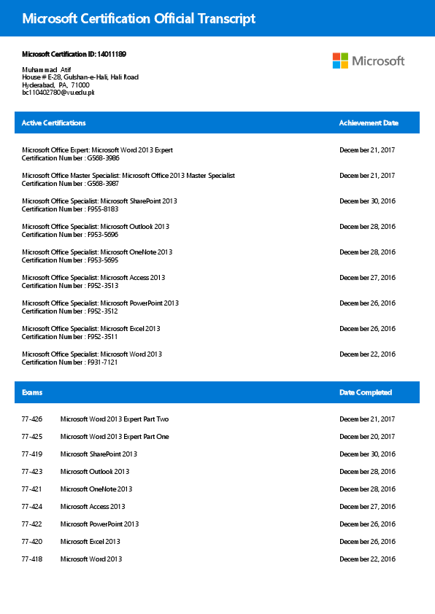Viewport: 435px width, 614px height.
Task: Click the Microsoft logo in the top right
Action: click(368, 61)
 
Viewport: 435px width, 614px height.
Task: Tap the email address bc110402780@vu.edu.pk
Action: click(58, 93)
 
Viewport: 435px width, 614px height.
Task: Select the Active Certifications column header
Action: click(53, 123)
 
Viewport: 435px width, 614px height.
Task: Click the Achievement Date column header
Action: click(369, 123)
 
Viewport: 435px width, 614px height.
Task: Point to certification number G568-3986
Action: click(103, 158)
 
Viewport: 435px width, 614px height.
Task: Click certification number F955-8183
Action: click(102, 209)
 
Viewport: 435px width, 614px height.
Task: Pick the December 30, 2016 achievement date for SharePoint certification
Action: click(367, 201)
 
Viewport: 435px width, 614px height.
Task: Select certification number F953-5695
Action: click(102, 260)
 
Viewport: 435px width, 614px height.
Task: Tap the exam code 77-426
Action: click(32, 419)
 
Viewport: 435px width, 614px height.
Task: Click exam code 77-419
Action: click(32, 454)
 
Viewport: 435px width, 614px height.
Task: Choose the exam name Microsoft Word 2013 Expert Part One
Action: click(115, 437)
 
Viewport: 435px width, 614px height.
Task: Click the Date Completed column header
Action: click(366, 392)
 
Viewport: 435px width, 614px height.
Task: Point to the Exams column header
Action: click(32, 392)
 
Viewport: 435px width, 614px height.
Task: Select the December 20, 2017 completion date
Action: click(367, 437)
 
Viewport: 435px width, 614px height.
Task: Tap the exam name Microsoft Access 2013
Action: click(93, 507)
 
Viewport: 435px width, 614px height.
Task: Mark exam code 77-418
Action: click(32, 559)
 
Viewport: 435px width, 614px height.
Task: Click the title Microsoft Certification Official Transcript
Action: click(139, 19)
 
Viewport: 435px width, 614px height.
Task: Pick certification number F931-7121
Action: click(102, 362)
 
